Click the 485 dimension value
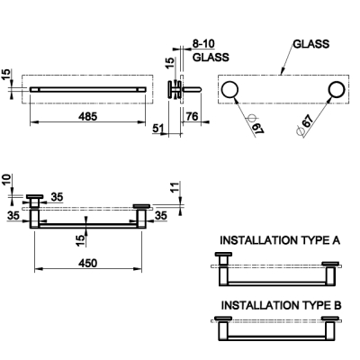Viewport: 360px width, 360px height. [x=88, y=116]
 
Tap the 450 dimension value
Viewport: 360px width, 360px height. [x=88, y=263]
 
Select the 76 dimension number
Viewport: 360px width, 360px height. [x=192, y=116]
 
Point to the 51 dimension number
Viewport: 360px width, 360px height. [x=158, y=129]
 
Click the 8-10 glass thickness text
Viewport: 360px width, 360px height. [x=203, y=44]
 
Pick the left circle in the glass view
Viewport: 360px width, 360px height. [x=229, y=90]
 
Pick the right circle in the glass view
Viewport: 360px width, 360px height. [x=337, y=90]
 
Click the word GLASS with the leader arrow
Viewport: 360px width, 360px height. [x=311, y=44]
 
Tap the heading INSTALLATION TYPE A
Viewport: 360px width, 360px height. [x=280, y=240]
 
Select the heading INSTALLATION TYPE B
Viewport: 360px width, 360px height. [x=282, y=305]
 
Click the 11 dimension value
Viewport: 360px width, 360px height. [x=175, y=186]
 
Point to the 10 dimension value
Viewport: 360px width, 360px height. [x=6, y=180]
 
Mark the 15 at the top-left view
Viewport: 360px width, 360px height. [x=6, y=75]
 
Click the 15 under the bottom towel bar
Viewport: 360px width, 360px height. [x=80, y=240]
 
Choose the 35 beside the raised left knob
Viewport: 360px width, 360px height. [x=57, y=197]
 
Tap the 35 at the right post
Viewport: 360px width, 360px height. [x=161, y=215]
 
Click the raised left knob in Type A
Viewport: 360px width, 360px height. [x=223, y=255]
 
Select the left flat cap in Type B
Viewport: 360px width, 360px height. [x=223, y=319]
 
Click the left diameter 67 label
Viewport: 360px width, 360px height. [x=256, y=126]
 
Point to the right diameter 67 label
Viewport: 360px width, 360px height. [x=304, y=124]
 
